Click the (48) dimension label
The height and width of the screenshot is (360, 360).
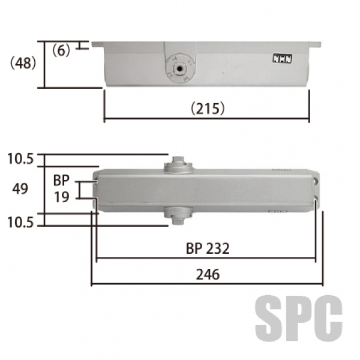23,63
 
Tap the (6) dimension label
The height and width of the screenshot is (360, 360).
61,50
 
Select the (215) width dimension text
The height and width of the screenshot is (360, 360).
208,108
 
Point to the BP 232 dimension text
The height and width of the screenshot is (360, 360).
208,248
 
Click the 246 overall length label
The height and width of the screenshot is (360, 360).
208,274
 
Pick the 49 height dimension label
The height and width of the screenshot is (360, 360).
20,189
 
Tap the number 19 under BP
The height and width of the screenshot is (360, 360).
62,197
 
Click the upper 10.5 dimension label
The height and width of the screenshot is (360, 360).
20,159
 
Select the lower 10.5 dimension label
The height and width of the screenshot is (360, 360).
20,223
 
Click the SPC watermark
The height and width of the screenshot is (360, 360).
299,318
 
